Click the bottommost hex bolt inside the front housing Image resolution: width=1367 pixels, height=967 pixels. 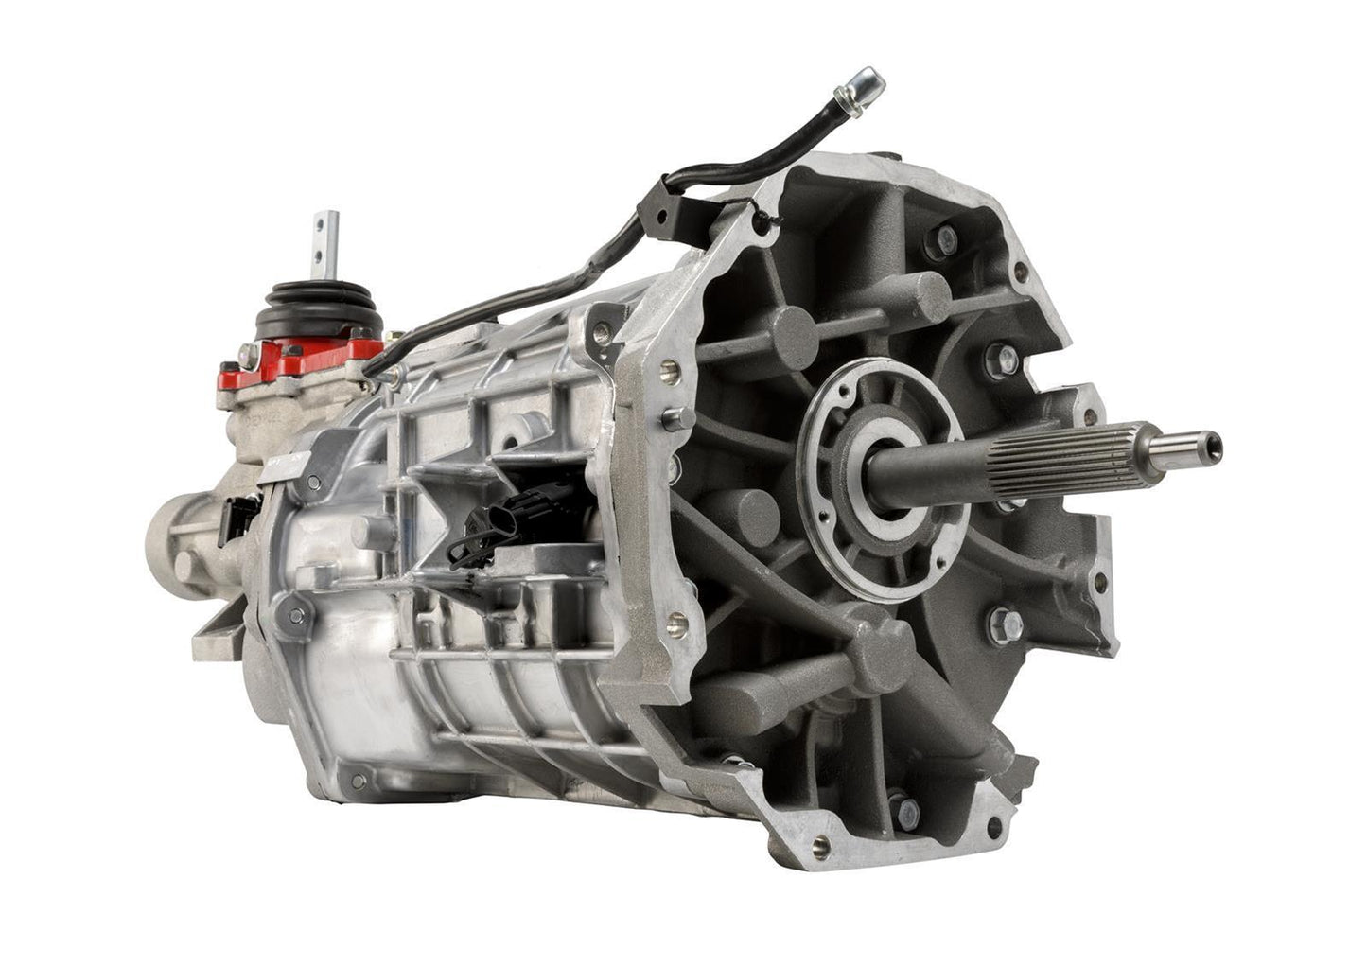[x=906, y=810]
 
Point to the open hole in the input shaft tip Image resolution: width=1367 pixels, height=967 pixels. [x=1212, y=443]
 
